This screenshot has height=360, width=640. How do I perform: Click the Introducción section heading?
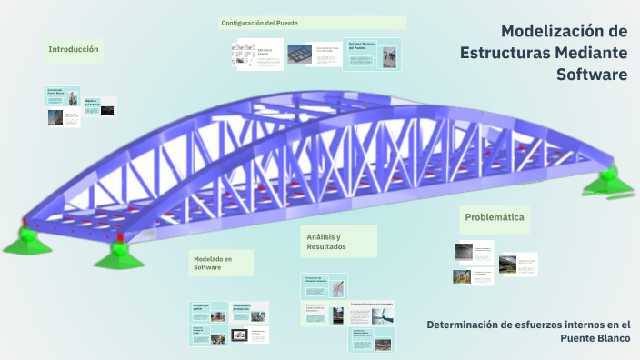pyautogui.click(x=74, y=49)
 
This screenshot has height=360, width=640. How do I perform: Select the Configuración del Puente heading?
pyautogui.click(x=259, y=22)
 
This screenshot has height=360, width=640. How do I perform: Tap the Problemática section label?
pyautogui.click(x=494, y=217)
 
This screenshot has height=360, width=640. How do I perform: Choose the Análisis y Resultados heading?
pyautogui.click(x=326, y=241)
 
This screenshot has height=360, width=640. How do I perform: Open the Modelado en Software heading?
pyautogui.click(x=213, y=263)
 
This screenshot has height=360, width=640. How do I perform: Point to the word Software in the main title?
pyautogui.click(x=592, y=75)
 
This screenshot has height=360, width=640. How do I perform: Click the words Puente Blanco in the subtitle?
pyautogui.click(x=595, y=338)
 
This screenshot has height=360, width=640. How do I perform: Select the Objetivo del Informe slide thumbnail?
pyautogui.click(x=100, y=106)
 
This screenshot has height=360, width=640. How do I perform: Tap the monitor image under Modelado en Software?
pyautogui.click(x=241, y=335)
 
